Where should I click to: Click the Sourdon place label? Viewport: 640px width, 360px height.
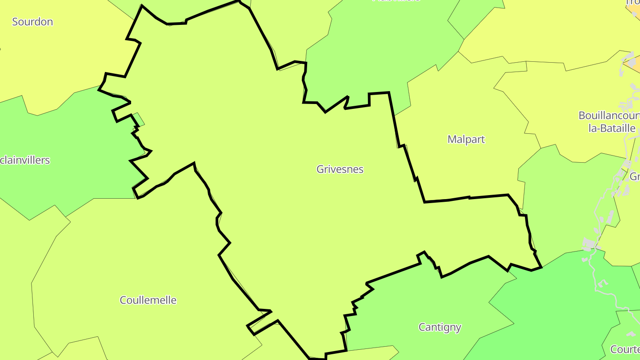click(32, 22)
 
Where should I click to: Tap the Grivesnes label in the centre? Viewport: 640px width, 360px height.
click(340, 169)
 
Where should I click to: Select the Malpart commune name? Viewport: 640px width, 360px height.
click(466, 140)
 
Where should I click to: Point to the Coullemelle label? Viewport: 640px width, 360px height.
click(148, 300)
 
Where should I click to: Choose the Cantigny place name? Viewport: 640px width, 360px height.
click(440, 328)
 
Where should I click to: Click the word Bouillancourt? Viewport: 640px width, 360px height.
click(609, 116)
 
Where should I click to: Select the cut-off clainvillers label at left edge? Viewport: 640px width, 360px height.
click(25, 160)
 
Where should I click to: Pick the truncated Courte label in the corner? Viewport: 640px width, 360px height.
click(625, 349)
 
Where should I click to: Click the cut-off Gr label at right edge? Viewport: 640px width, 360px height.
click(635, 176)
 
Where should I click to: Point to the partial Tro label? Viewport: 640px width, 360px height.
click(633, 2)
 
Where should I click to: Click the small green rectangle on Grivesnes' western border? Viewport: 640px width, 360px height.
click(139, 119)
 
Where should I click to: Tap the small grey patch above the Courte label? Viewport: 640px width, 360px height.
click(631, 333)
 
